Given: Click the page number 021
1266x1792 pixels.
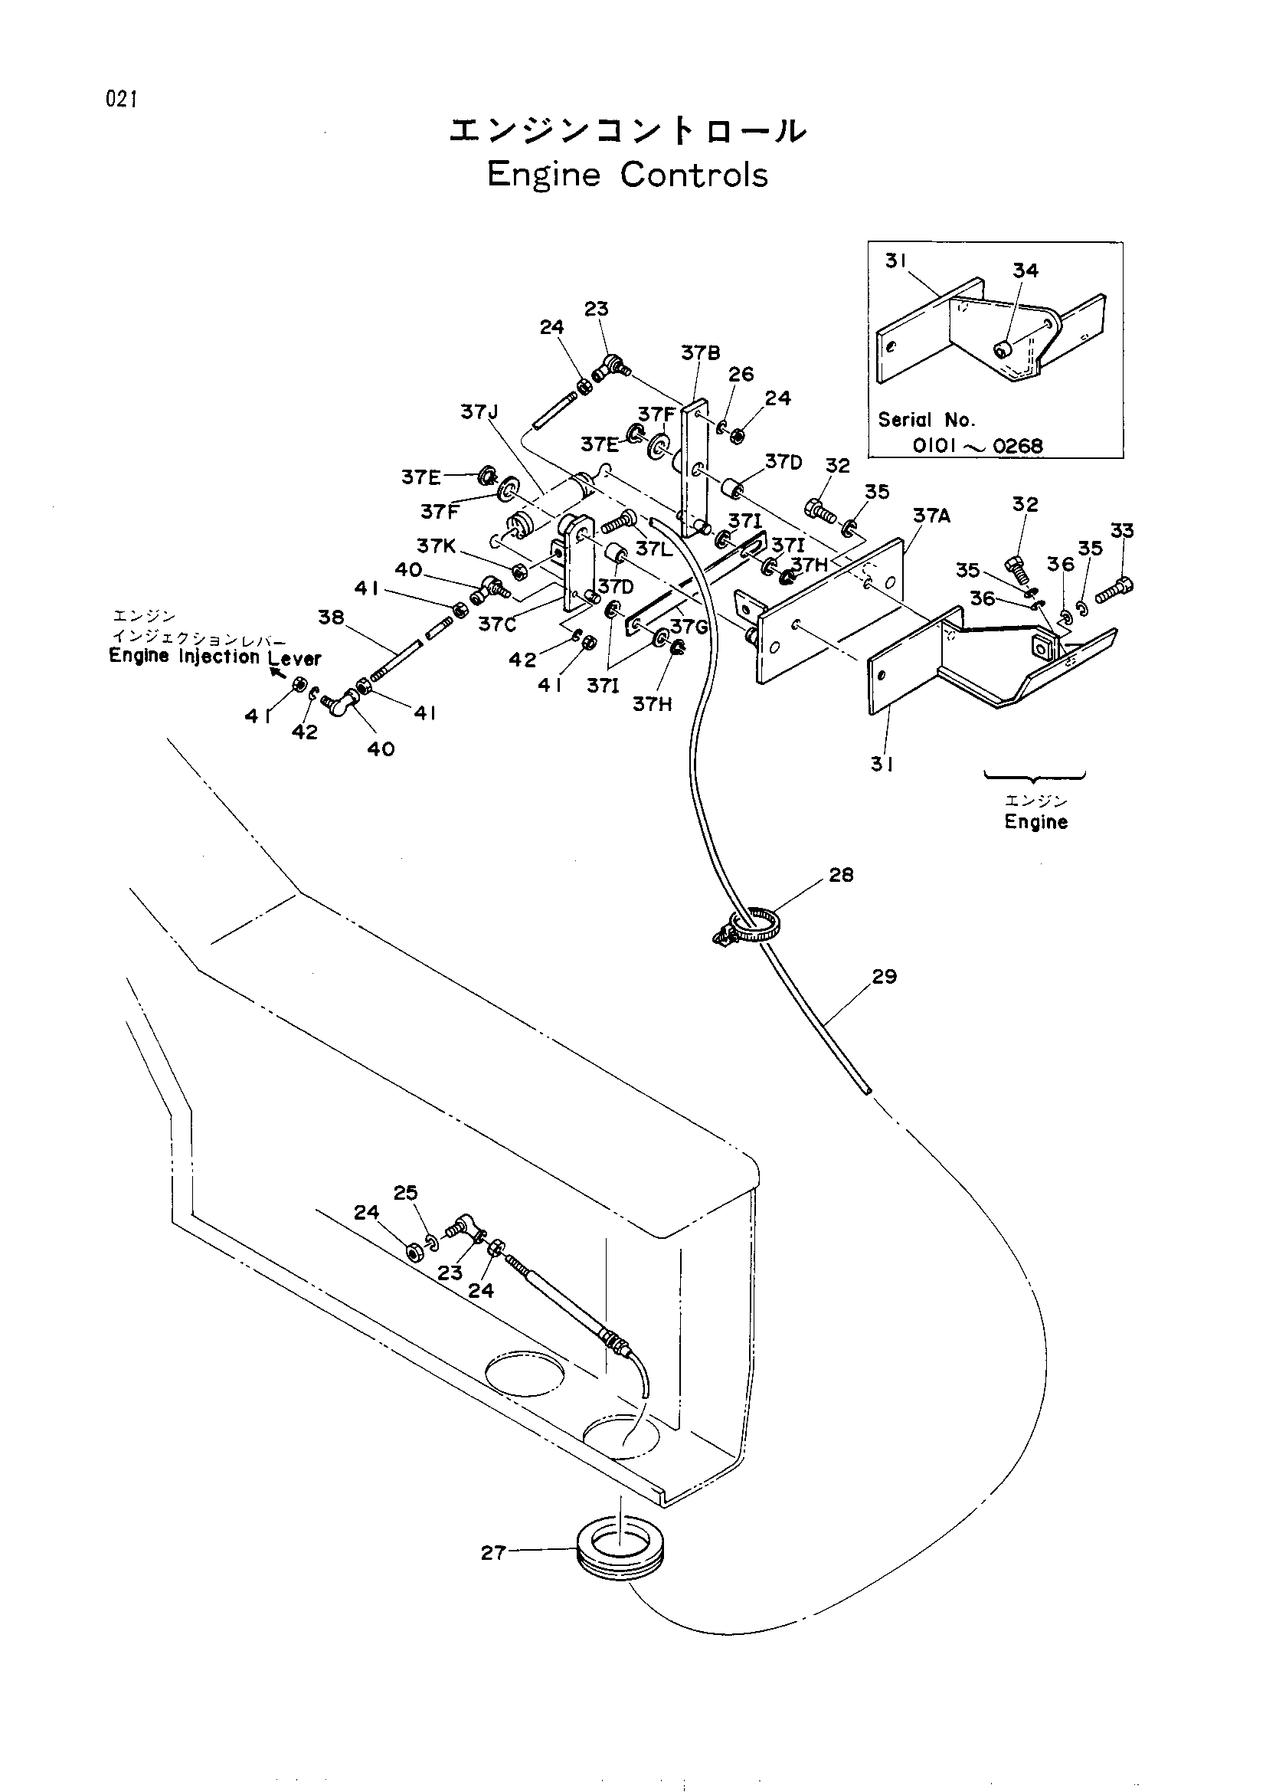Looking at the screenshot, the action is point(123,100).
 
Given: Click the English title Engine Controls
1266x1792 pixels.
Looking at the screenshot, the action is point(628,175).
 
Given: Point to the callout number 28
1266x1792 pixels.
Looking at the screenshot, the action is point(841,875).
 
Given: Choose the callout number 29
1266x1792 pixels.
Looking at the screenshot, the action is point(885,976).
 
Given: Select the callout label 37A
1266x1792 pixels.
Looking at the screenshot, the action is point(932,516).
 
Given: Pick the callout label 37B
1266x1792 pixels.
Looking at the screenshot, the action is point(701,353).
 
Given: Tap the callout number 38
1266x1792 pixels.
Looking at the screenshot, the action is point(331,618).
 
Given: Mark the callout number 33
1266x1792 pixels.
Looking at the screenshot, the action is point(1122,532).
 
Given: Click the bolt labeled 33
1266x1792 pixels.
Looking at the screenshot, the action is point(1114,590).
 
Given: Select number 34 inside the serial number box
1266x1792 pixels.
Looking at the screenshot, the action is point(1026,270).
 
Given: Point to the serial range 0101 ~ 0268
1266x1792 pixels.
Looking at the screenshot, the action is point(977,447).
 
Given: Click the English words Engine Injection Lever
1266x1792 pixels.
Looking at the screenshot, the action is point(215,657).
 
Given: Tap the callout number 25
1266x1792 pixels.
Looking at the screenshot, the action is point(406,1193).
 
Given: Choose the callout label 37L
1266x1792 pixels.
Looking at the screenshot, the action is point(653,549).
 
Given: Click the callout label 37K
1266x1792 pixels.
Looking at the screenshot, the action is point(436,545).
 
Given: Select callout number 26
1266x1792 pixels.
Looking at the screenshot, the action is point(741,375).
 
